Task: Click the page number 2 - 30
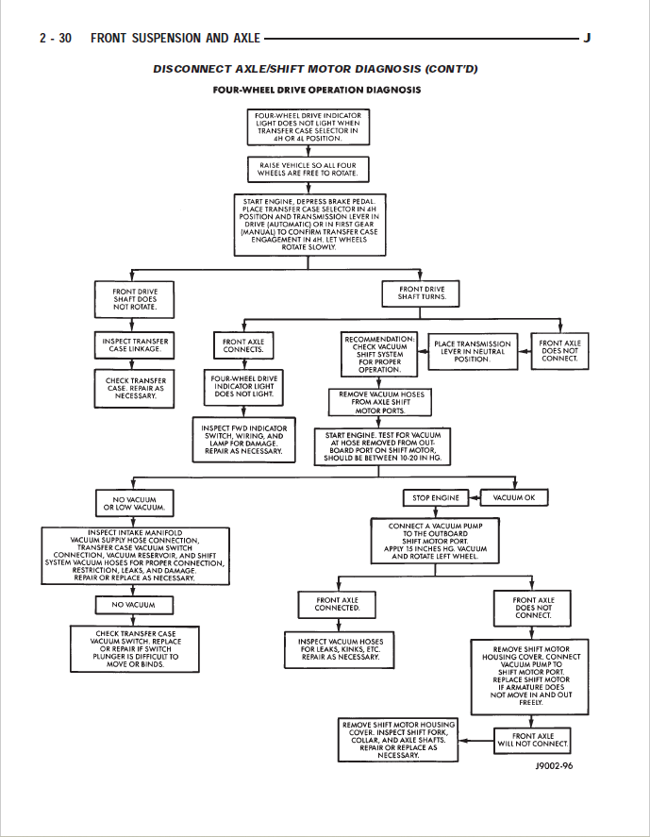pos(55,39)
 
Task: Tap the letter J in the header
pos(587,39)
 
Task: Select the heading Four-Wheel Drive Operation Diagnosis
pos(317,91)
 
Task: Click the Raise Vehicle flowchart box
pos(308,169)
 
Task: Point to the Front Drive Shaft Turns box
pos(422,293)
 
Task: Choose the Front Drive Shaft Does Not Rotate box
pos(135,299)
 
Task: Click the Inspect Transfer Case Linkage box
pos(135,345)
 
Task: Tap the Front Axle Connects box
pos(242,346)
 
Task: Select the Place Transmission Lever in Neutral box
pos(472,351)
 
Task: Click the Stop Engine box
pos(435,497)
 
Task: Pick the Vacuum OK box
pos(514,497)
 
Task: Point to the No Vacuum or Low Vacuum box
pos(135,503)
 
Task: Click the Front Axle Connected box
pos(337,604)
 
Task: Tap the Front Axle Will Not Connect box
pos(533,739)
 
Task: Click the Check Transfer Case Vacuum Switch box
pos(135,648)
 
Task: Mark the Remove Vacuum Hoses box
pos(380,402)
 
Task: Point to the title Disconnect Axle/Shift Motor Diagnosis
pos(316,69)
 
